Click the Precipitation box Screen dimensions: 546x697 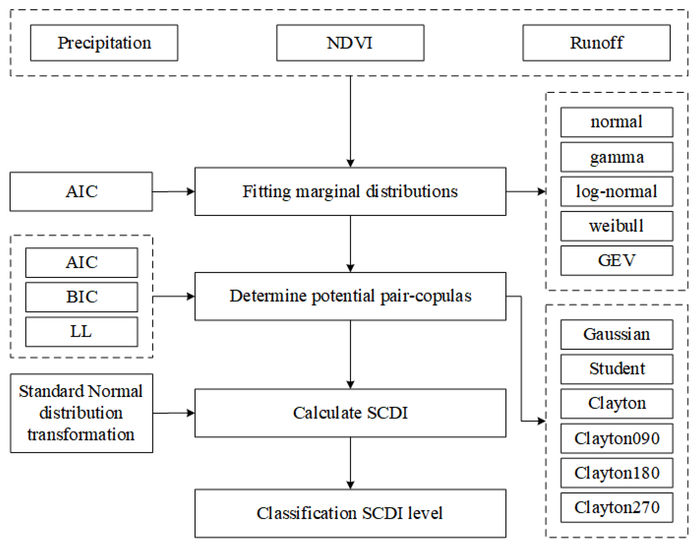point(104,43)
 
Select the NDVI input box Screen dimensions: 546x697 point(350,43)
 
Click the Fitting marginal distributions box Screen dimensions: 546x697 point(350,192)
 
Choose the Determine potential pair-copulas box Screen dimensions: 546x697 point(350,296)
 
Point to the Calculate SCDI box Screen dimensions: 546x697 point(350,413)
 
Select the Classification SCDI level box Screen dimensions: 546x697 point(350,513)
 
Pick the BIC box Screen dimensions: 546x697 point(82,297)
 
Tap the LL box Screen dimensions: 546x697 point(82,332)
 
